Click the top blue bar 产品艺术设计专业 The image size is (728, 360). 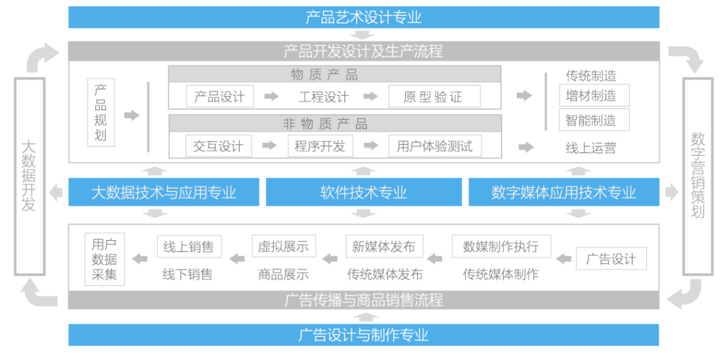363,17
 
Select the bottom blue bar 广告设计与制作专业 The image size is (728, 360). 363,334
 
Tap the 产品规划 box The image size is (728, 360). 100,113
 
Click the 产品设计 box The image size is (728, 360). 220,96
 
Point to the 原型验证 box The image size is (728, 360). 433,96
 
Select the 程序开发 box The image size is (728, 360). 320,146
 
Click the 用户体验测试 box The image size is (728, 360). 434,146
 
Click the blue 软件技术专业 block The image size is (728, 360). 363,193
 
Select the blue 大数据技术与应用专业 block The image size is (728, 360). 164,193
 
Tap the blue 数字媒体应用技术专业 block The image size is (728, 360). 564,193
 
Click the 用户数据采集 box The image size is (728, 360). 104,259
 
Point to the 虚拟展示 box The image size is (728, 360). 283,247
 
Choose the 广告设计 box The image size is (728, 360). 611,259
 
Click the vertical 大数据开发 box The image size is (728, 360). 29,176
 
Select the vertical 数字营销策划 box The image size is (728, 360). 698,176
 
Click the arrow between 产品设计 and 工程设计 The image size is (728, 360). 271,96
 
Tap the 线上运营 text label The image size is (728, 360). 590,148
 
